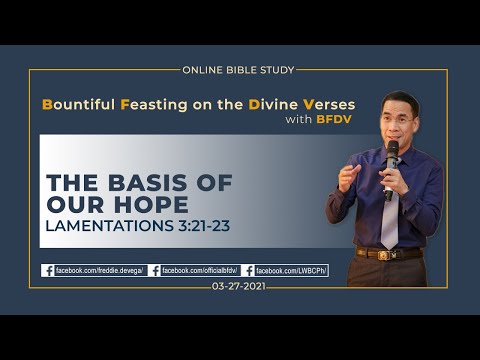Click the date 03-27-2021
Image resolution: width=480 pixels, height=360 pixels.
point(239,287)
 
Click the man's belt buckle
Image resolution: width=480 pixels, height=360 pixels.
point(385,254)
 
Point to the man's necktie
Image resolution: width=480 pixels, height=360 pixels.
point(390,220)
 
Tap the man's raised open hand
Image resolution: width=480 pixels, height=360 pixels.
point(348,178)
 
